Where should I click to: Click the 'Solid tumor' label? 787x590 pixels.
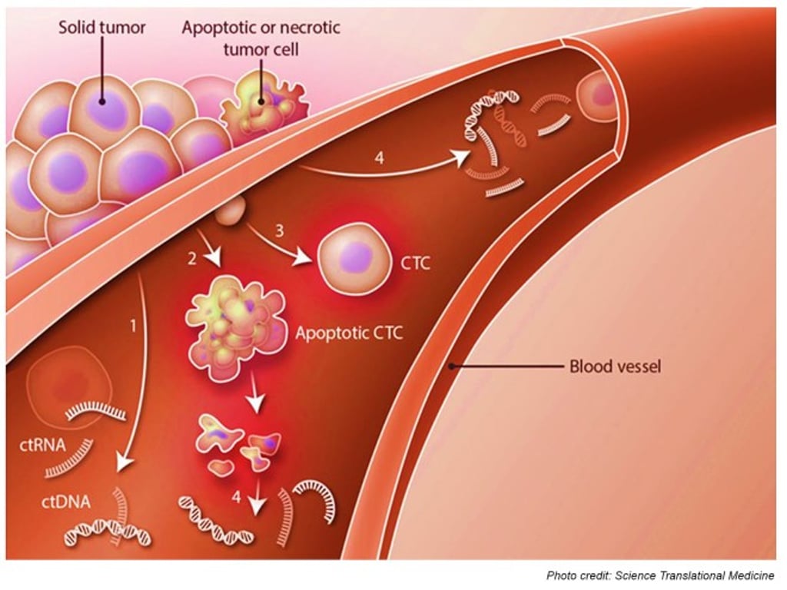tap(102, 28)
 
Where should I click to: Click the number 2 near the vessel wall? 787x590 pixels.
tap(192, 259)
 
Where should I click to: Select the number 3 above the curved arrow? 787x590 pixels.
tap(280, 230)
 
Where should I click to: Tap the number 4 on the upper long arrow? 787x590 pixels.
tap(377, 158)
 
